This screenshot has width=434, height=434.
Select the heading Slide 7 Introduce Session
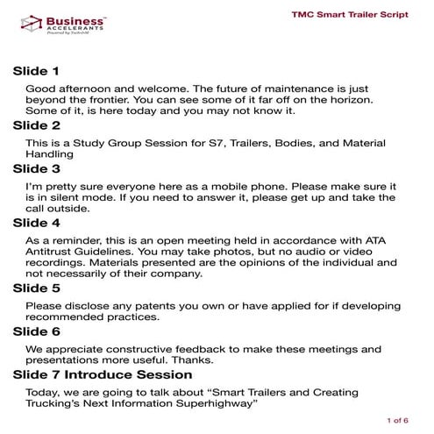click(x=104, y=374)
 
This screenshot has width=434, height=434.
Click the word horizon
click(x=376, y=100)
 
